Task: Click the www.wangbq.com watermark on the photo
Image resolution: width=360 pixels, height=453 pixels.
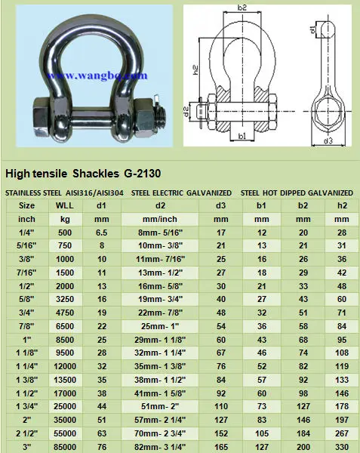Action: tap(97, 75)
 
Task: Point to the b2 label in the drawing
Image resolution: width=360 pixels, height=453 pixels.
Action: tap(242, 8)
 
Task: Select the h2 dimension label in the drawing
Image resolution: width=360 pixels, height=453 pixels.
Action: tap(195, 70)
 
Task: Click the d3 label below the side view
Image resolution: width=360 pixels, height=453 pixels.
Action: tap(328, 140)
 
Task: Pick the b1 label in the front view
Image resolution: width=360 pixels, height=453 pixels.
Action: tap(242, 135)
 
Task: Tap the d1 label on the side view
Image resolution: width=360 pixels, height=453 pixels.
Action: tap(312, 29)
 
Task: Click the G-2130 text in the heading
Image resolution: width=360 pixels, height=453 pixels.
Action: tap(143, 174)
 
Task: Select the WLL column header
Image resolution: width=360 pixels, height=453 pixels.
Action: tap(65, 205)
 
